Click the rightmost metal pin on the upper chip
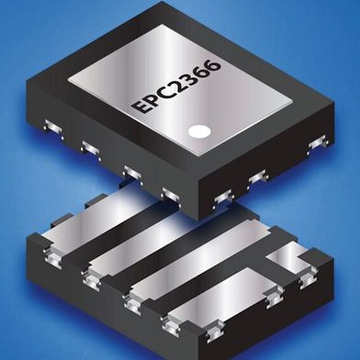pos(317,142)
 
